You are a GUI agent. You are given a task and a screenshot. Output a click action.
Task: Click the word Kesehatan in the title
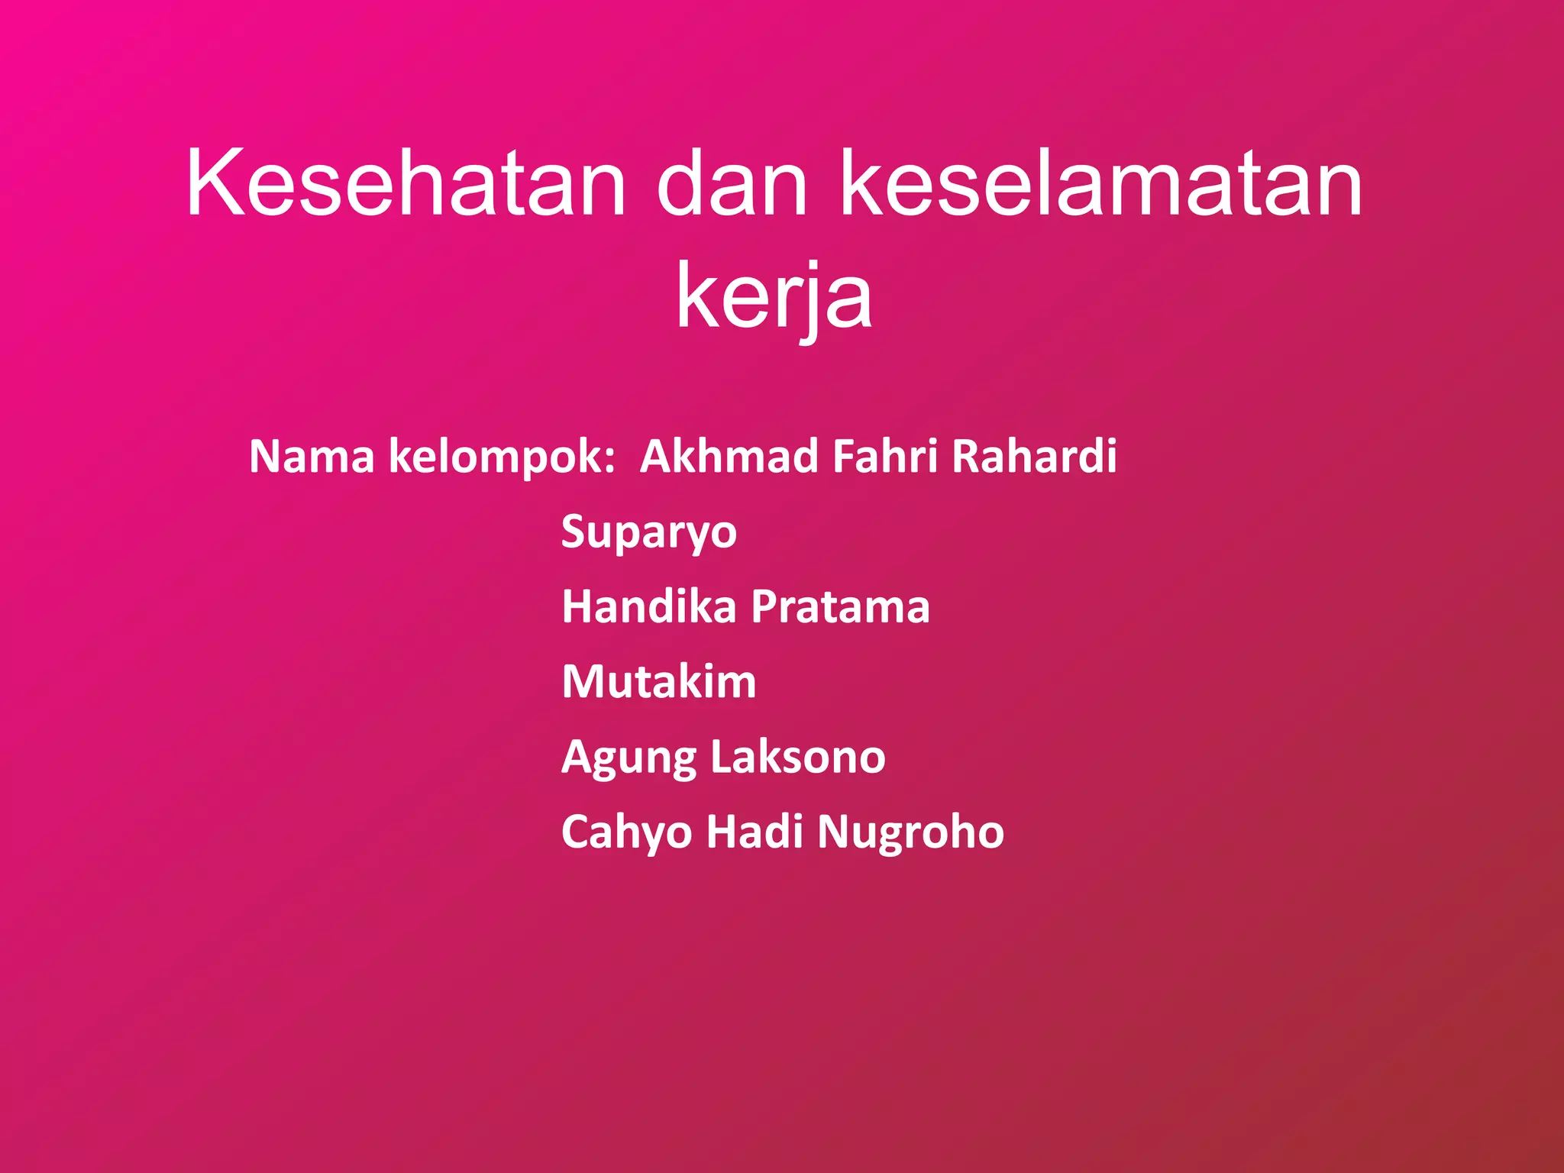pos(406,183)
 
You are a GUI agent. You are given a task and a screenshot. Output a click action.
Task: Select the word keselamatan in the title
pos(1100,183)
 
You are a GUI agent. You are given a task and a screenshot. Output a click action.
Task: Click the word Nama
pos(312,456)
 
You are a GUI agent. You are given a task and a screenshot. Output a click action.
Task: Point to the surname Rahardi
pos(1034,456)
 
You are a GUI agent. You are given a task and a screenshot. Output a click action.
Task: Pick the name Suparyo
pos(649,532)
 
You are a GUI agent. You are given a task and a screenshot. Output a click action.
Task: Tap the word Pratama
pos(840,606)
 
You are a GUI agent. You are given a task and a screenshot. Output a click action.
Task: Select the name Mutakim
pos(659,681)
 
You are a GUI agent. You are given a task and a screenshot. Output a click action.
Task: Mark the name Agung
pos(629,758)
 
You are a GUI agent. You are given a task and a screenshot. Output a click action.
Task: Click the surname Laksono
pos(798,756)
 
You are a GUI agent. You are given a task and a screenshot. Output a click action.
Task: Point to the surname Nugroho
pos(910,832)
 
